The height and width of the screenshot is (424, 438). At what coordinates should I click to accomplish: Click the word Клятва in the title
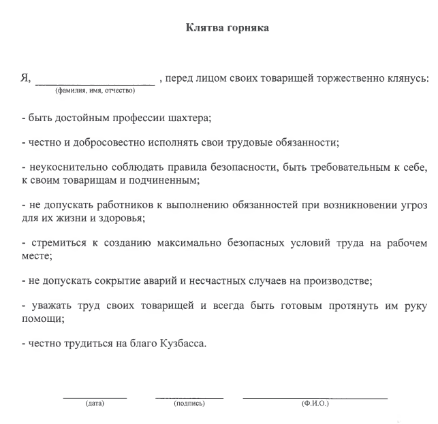tap(202, 29)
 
